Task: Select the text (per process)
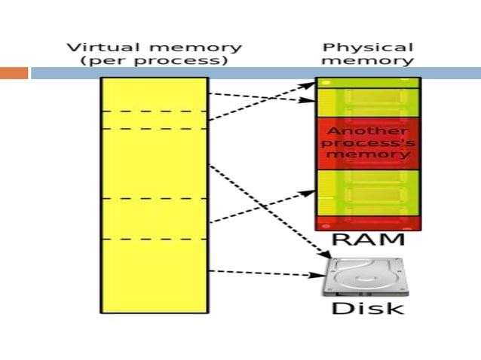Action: tap(155, 61)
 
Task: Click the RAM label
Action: tap(368, 241)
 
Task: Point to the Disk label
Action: tap(368, 308)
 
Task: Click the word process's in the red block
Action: tap(367, 142)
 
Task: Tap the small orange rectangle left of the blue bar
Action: tap(14, 73)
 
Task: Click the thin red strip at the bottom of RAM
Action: tap(368, 223)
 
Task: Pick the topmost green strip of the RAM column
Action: tap(368, 82)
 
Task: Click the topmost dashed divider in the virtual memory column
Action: tap(154, 111)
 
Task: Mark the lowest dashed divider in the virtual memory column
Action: tap(154, 239)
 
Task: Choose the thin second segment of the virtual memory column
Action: tap(154, 120)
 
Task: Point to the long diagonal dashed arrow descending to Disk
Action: tap(264, 211)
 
